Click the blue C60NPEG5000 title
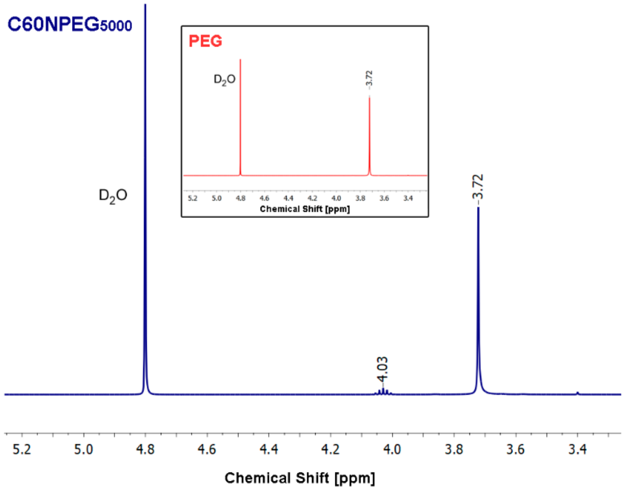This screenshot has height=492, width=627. [x=70, y=25]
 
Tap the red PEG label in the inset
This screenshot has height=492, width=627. [x=205, y=41]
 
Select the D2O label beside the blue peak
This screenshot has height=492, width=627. [x=113, y=196]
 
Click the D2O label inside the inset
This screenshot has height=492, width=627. [x=224, y=79]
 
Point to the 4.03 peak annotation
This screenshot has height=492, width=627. [x=383, y=369]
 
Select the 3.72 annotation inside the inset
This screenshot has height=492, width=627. [x=369, y=78]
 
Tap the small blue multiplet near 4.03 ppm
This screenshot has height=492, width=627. [x=383, y=392]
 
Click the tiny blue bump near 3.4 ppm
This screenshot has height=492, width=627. [x=577, y=393]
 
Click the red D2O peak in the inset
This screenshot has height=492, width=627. [x=240, y=118]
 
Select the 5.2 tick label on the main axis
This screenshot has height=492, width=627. [x=22, y=450]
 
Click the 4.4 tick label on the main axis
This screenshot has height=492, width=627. [x=269, y=450]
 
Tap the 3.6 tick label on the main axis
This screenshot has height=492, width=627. [x=515, y=450]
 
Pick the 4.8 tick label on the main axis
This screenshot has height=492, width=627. [x=145, y=450]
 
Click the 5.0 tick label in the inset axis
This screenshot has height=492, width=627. [x=216, y=198]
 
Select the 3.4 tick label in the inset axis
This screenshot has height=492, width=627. [x=408, y=198]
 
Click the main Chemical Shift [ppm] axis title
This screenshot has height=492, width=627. [x=300, y=478]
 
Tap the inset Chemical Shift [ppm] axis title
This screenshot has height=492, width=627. [x=305, y=209]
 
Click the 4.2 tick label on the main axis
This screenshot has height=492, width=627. [x=330, y=450]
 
